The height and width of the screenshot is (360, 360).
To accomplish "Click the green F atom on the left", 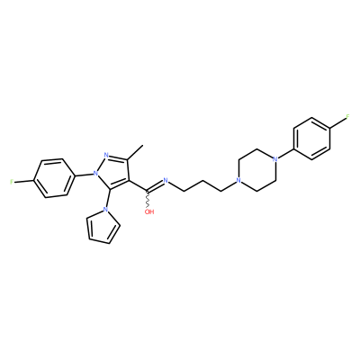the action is [12, 182].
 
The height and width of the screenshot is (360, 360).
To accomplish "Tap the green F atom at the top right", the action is [347, 117].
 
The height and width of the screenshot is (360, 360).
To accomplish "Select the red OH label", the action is [149, 211].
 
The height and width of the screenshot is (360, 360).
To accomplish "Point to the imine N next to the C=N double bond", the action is [166, 180].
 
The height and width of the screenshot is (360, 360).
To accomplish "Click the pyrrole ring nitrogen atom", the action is [105, 209].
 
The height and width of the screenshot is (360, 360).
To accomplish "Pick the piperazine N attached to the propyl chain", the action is [238, 181].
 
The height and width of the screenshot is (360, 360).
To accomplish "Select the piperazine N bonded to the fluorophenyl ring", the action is [274, 159].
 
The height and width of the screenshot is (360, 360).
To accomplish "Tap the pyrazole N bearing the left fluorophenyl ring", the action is [95, 173].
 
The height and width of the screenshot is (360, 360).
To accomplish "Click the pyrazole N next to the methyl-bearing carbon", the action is [106, 155].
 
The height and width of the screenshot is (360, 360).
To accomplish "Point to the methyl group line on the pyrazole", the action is [135, 152].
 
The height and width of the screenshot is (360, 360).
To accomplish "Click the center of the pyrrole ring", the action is [103, 226].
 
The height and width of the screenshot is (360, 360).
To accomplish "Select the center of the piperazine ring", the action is [256, 170].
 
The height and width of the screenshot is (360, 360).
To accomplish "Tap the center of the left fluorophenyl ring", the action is [54, 178].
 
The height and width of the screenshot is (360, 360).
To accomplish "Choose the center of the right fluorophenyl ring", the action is [312, 139].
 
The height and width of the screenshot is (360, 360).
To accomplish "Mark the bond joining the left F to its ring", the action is [23, 181].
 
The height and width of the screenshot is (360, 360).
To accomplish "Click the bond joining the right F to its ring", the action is [338, 123].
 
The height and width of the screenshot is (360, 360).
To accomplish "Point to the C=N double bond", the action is [155, 186].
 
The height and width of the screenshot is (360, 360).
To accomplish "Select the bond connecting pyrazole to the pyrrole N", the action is [107, 198].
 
